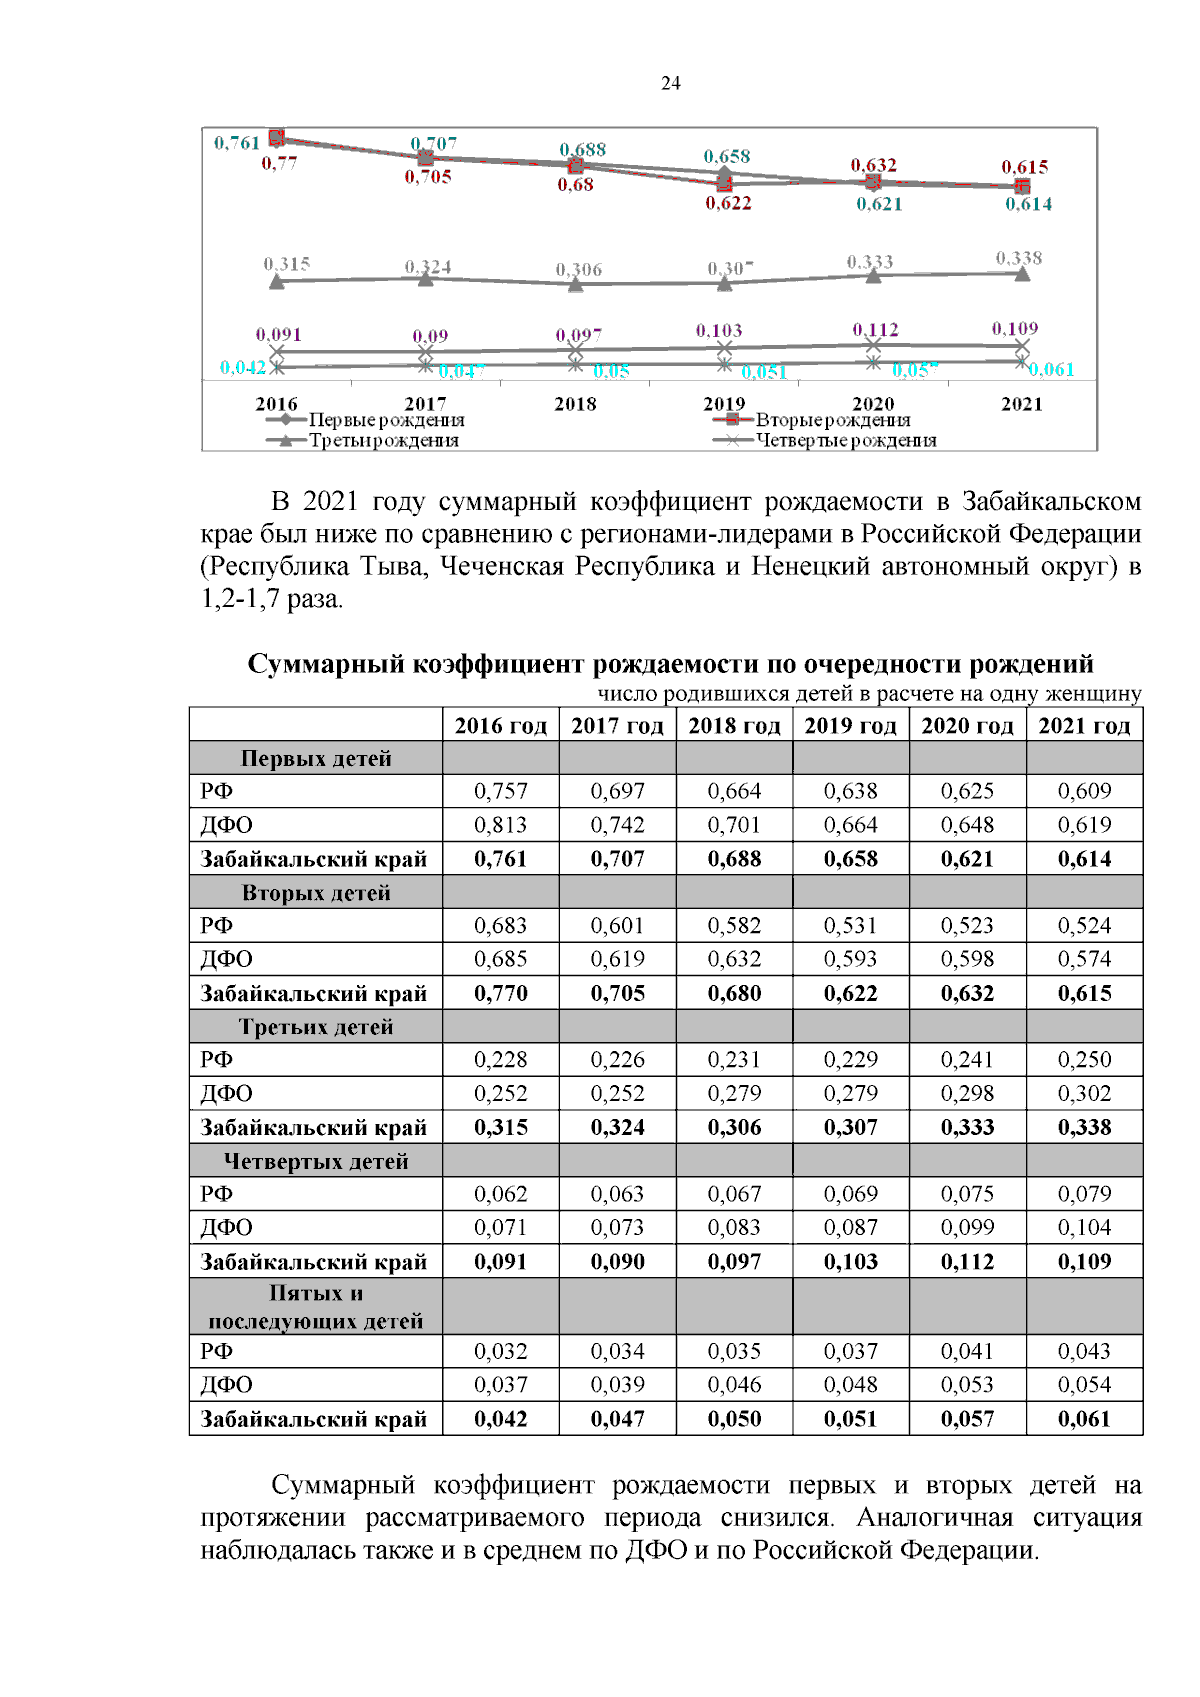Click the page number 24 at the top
671,84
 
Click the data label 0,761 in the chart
237,143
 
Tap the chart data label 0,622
728,204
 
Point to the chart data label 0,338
1018,259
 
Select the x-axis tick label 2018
575,404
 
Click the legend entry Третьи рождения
383,441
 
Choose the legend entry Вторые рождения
832,420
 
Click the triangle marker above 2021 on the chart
1022,274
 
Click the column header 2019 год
850,726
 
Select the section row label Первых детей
316,759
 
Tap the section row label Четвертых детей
316,1162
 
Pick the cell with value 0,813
500,826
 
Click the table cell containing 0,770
500,994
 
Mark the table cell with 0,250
1084,1060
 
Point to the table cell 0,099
967,1228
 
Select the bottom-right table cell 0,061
1084,1420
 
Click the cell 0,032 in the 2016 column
500,1352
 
